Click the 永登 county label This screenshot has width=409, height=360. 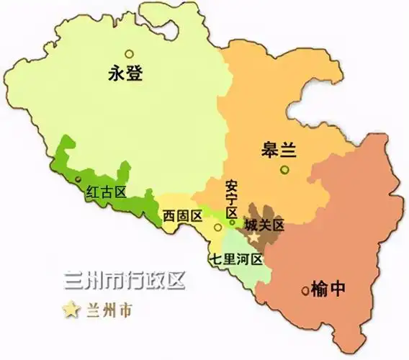click(127, 73)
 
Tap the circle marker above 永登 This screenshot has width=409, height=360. click(129, 53)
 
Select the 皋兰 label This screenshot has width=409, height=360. click(279, 151)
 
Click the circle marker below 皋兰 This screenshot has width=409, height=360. click(285, 170)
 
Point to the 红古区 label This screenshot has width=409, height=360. click(107, 192)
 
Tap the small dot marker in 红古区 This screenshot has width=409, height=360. click(77, 179)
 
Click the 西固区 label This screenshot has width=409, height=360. click(181, 215)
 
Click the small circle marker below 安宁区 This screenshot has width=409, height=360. click(232, 222)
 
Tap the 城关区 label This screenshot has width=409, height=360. click(264, 225)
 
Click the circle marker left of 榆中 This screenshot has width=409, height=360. click(306, 291)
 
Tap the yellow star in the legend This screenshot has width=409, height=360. click(71, 310)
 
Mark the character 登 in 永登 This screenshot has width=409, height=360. click(138, 73)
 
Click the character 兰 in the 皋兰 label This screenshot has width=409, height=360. click(289, 151)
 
